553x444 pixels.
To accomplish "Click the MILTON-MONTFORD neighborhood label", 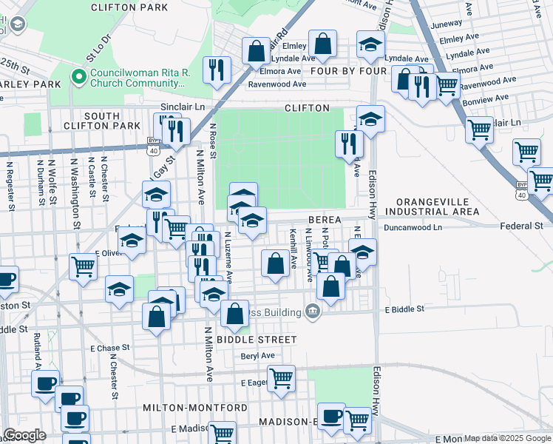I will (x=194, y=408).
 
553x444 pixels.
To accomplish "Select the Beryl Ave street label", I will (x=257, y=356).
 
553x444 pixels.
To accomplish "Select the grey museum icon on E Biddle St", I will (x=313, y=311).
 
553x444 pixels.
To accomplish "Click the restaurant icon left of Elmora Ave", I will (x=217, y=70).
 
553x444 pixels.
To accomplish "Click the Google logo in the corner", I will (x=24, y=435).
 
